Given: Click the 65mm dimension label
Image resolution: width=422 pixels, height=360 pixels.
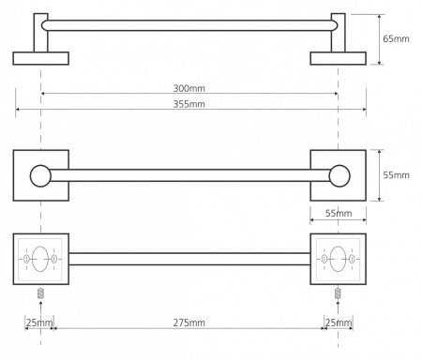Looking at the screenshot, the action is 396,39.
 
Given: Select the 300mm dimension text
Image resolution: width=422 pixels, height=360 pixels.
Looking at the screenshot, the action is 189,88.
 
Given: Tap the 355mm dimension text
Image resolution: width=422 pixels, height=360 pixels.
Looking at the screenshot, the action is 189,104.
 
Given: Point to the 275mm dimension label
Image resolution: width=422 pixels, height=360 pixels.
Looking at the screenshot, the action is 189,322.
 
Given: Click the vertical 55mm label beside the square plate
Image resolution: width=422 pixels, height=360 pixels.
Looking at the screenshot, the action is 396,175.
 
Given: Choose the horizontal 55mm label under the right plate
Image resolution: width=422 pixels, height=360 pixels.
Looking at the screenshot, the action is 339,214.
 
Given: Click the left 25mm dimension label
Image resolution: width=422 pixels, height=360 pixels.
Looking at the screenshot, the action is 39,322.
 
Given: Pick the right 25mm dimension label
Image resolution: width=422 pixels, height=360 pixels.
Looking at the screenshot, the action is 339,322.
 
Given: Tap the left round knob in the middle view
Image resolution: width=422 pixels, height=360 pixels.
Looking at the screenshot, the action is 40,176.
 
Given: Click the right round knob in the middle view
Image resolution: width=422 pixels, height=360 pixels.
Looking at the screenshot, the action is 339,176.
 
